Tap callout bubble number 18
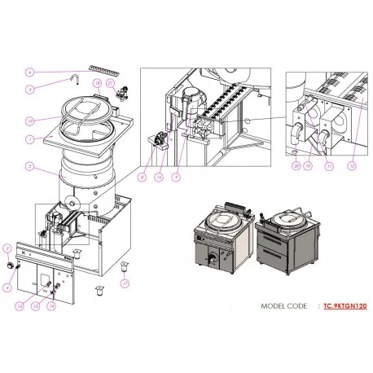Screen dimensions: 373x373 (96, 83)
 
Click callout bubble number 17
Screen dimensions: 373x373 (125, 283)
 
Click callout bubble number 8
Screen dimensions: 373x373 (141, 176)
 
